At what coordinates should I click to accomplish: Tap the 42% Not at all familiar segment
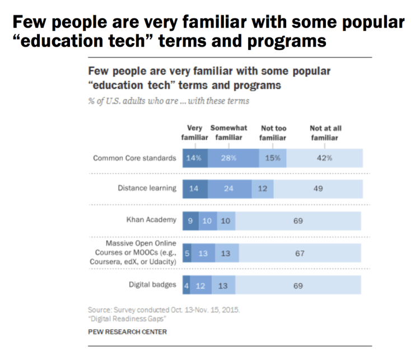[325, 158]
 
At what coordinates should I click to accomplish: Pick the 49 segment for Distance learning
[318, 189]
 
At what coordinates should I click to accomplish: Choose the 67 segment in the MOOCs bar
[300, 253]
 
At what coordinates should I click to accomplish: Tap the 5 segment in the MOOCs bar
[187, 253]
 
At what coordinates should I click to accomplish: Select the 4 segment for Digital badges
[186, 286]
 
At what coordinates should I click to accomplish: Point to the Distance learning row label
[147, 188]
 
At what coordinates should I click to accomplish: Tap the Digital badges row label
[152, 285]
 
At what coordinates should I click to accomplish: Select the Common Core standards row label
[134, 158]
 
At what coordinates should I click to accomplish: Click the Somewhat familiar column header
[228, 132]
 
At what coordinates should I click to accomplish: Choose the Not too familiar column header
[273, 132]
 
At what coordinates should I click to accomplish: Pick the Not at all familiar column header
[325, 132]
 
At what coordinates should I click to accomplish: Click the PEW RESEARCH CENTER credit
[127, 331]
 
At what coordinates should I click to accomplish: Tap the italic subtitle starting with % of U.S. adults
[167, 101]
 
